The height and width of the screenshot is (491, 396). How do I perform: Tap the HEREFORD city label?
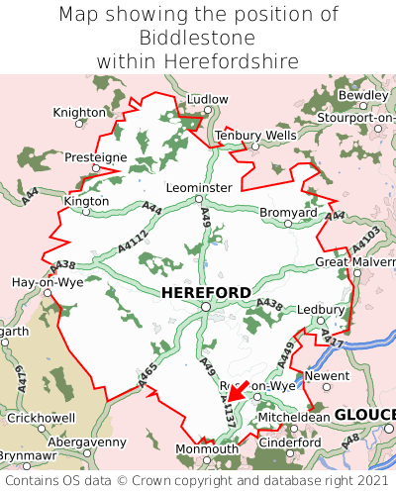pos(206,293)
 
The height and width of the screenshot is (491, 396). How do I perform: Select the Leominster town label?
pos(199,187)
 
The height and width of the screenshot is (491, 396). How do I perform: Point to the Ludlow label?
pos(207,100)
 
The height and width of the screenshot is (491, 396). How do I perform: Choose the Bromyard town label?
pos(288,212)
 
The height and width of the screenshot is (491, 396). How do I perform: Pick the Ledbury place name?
pos(319,309)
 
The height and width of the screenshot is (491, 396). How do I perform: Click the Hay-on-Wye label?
pos(47,282)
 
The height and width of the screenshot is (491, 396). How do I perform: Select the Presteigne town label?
pos(95,157)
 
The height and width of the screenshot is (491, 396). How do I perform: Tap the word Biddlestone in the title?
pos(198,38)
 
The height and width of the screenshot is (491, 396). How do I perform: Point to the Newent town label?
pos(328,376)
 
